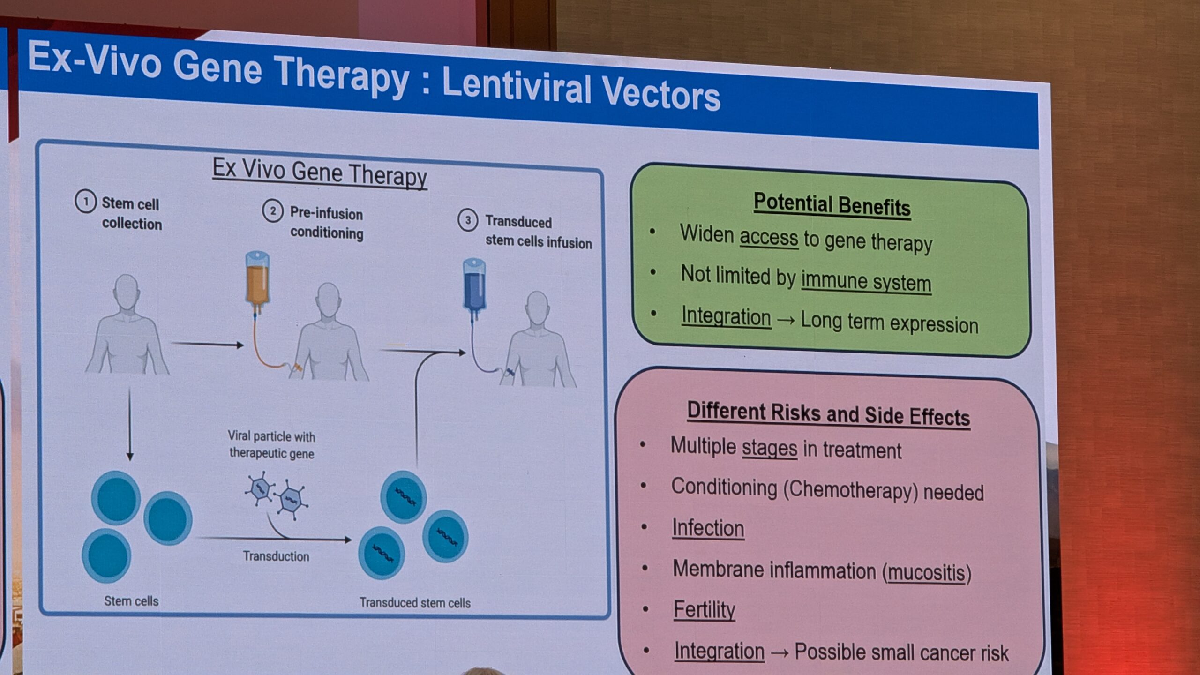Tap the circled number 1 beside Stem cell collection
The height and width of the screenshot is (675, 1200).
[x=85, y=202]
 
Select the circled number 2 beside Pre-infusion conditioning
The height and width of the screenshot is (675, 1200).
[x=272, y=211]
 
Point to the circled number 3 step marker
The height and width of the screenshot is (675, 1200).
[x=467, y=220]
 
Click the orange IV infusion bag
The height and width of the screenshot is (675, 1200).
[x=258, y=281]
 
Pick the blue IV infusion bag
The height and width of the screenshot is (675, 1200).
[x=474, y=289]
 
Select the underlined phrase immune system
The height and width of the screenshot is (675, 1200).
[x=866, y=281]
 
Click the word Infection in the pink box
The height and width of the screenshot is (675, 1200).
[x=708, y=528]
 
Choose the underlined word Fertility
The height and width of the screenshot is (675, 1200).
[x=704, y=610]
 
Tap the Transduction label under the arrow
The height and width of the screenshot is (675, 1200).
[x=276, y=556]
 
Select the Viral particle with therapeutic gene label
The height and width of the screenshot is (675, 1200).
[x=271, y=444]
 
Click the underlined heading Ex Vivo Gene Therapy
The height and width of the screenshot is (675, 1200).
[x=320, y=172]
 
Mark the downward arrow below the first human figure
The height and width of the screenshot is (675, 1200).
[x=130, y=425]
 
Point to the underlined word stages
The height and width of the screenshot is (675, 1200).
[x=769, y=448]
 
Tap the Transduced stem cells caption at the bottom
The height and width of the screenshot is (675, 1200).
[x=415, y=603]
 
